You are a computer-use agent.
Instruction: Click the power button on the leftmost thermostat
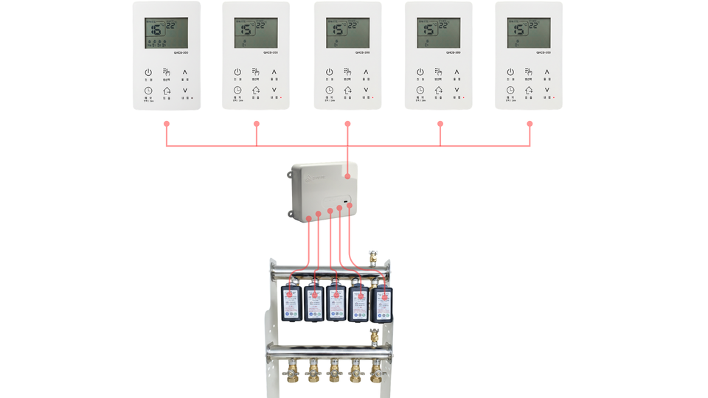[x=148, y=72]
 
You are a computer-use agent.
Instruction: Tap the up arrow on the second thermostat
[x=275, y=72]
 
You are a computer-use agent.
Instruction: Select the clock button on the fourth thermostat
[x=420, y=90]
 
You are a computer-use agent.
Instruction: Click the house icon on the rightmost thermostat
[x=529, y=90]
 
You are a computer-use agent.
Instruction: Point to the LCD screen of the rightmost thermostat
[x=528, y=33]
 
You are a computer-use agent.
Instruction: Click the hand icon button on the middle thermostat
[x=347, y=72]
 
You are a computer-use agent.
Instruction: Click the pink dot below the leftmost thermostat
[x=167, y=123]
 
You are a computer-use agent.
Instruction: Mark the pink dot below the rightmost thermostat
[x=530, y=123]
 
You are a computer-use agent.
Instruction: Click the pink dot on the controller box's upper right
[x=347, y=177]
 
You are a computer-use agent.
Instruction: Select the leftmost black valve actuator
[x=292, y=303]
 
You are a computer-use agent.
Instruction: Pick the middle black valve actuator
[x=336, y=303]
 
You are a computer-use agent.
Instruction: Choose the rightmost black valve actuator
[x=381, y=303]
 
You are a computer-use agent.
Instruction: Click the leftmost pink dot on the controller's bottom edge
[x=309, y=219]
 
